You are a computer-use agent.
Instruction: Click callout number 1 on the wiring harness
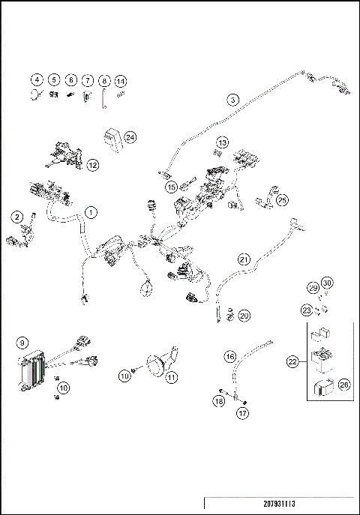click(90, 212)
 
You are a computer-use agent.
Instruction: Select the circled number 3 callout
click(233, 100)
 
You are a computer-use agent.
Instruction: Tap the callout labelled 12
click(92, 164)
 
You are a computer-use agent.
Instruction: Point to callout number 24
click(130, 137)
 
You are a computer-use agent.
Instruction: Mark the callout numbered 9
click(22, 343)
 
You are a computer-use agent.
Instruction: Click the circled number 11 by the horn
click(172, 377)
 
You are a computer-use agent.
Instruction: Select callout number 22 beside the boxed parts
click(293, 361)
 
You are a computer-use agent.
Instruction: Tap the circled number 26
click(344, 385)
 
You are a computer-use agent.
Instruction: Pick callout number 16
click(230, 357)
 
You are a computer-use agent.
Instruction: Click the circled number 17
click(241, 413)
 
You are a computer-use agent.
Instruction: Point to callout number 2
click(16, 217)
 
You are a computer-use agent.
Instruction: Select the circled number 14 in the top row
click(121, 80)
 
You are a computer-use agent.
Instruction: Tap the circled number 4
click(36, 80)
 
